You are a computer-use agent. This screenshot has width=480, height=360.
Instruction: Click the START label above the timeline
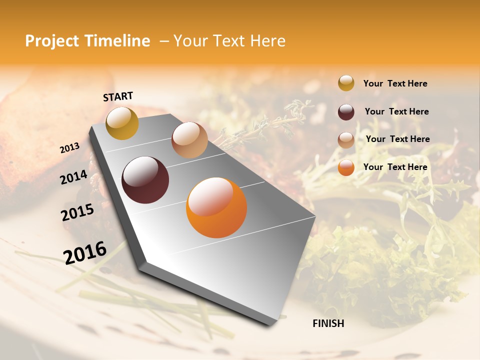[118, 96]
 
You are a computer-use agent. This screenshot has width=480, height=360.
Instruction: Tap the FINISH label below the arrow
[328, 323]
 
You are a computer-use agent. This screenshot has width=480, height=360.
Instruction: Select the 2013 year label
[69, 148]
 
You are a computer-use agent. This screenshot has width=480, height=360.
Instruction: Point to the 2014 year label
[73, 177]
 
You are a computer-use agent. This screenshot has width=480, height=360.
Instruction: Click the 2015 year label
[77, 212]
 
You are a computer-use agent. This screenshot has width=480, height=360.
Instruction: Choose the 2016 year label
[85, 252]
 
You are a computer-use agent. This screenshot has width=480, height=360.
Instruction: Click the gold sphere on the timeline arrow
[122, 123]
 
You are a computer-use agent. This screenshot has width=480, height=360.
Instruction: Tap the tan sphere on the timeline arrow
[189, 140]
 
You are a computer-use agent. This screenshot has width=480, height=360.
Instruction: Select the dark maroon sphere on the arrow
[145, 180]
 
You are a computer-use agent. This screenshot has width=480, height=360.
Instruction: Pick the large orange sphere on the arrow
[216, 207]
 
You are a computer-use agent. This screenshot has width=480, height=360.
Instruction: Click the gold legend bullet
[346, 83]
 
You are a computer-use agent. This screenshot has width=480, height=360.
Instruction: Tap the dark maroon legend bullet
[346, 111]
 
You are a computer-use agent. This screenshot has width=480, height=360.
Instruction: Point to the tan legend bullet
[346, 139]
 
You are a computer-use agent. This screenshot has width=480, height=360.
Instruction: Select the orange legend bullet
[346, 167]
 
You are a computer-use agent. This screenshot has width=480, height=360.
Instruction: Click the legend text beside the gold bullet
[395, 83]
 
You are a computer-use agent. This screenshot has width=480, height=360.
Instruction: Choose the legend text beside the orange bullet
[395, 167]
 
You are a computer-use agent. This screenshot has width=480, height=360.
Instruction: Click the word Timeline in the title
[116, 41]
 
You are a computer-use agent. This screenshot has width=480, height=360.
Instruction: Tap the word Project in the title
[52, 41]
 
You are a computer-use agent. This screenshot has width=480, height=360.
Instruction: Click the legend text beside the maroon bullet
[396, 111]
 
